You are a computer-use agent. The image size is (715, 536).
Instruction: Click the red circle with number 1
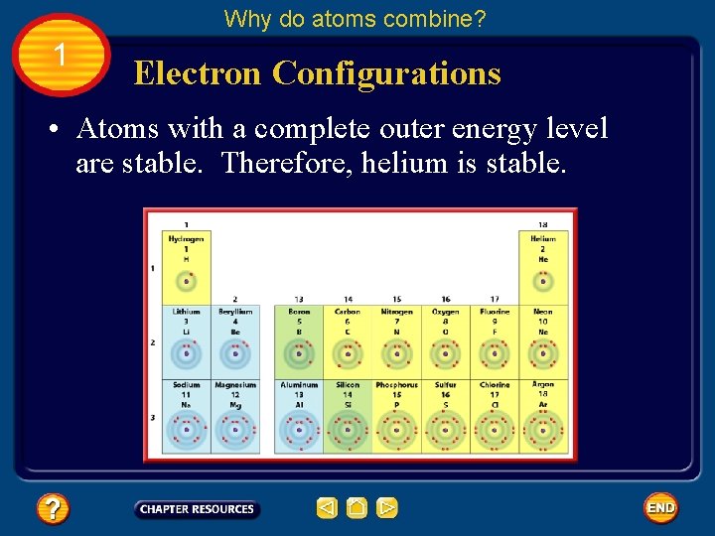point(62,56)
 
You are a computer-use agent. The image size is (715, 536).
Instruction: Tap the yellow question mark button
point(52,509)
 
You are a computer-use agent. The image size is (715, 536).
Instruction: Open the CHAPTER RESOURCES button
point(197,509)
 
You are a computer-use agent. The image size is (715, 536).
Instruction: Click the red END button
point(660,508)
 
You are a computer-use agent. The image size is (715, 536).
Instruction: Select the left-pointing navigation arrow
point(327,508)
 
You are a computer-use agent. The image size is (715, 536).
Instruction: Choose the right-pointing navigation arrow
point(387,508)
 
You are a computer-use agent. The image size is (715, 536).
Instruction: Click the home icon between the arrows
point(357,508)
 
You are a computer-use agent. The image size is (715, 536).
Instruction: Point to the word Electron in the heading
point(197,73)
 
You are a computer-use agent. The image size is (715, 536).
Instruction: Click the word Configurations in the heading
point(386,73)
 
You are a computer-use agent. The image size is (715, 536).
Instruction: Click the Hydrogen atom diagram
point(186,281)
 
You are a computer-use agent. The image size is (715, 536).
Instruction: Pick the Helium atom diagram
point(543,281)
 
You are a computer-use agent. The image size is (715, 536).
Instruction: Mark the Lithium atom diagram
point(186,353)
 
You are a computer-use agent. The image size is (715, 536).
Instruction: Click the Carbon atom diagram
point(348,353)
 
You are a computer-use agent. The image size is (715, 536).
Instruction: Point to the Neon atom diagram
point(543,353)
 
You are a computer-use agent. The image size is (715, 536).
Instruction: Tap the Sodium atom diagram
point(186,430)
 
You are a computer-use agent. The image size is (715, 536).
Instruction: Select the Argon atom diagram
point(543,430)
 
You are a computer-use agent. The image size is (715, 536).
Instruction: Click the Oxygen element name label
point(446,312)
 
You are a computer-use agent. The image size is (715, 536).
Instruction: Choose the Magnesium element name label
point(235,385)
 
